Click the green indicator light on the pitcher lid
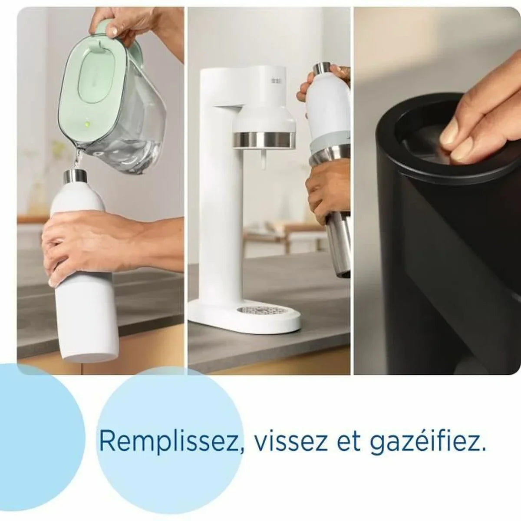[87, 124]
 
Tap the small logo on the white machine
[275, 81]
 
